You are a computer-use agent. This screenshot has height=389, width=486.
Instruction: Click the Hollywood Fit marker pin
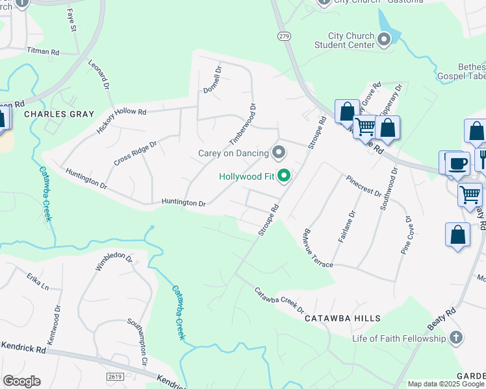point(283,176)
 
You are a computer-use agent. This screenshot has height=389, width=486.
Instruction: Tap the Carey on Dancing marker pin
point(279,153)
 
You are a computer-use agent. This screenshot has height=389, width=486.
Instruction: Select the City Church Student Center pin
point(384,40)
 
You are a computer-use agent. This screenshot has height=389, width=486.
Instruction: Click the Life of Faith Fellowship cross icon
point(456,338)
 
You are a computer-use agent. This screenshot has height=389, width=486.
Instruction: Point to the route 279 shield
point(284,37)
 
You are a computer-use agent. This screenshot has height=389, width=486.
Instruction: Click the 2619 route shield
point(114,377)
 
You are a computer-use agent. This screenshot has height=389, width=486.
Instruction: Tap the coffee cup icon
point(457,163)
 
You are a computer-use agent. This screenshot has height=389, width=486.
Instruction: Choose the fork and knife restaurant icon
point(481,158)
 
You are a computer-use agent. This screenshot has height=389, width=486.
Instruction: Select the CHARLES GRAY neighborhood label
point(55,113)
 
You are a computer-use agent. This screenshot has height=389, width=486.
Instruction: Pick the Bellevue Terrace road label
point(317,248)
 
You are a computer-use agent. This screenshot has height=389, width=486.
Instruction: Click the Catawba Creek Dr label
point(279,299)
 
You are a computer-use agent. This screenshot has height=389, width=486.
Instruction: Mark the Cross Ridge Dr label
point(135,153)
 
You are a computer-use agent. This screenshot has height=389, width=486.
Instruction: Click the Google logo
point(21,381)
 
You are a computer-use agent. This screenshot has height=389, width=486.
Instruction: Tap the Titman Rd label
point(43,51)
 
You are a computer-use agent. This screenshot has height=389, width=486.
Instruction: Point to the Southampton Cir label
point(138,342)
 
